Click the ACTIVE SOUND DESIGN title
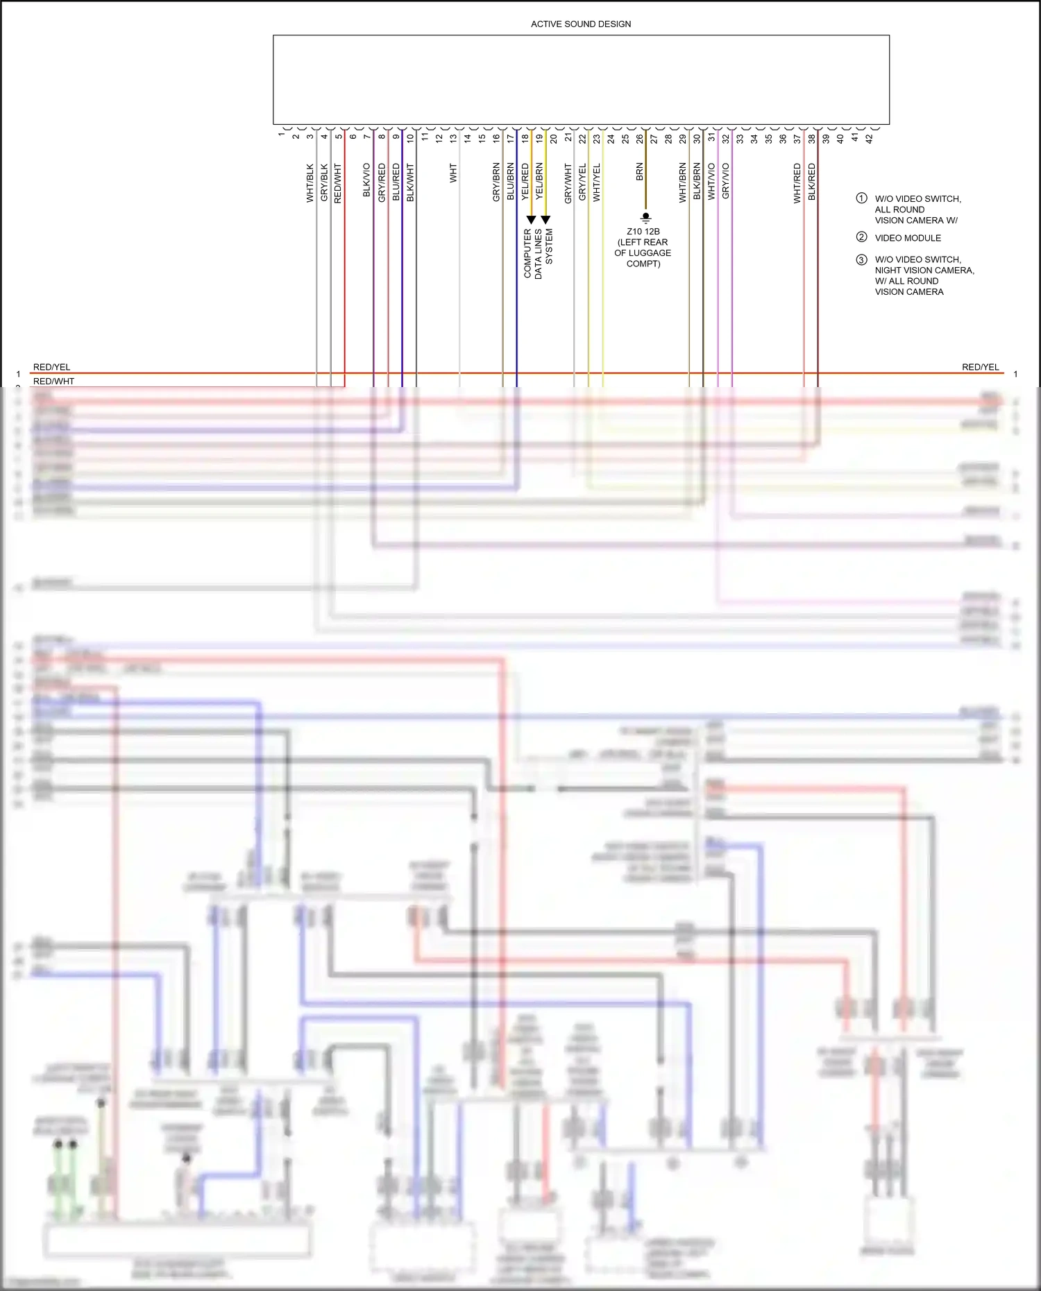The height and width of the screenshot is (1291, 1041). point(581,24)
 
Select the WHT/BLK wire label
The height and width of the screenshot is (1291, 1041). point(310,182)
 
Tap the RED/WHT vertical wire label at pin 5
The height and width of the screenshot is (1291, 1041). point(338,182)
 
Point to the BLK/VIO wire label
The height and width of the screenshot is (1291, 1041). point(366,180)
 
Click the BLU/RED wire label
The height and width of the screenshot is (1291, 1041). point(396,182)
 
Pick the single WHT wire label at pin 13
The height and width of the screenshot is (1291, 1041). point(453,173)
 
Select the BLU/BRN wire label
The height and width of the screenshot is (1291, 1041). point(510,182)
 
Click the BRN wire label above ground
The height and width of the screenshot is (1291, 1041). point(639,172)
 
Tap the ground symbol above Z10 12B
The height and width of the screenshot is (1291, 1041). point(645,217)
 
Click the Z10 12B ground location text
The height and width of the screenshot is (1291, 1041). point(643,248)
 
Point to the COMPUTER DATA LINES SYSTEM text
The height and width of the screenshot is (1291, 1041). point(538,253)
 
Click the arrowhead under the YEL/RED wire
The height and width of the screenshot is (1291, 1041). point(531,220)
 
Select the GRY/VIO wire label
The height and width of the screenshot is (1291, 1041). point(725,181)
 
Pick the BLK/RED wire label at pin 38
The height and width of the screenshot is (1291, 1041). point(811,182)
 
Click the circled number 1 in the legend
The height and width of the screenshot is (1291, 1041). point(861,198)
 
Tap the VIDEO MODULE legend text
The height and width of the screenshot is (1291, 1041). point(908,238)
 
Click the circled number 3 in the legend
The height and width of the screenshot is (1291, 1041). point(861,259)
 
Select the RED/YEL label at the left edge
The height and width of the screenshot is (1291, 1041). point(52,367)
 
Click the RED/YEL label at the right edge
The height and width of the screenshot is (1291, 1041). point(980,367)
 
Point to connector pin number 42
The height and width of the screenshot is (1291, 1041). point(869,138)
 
